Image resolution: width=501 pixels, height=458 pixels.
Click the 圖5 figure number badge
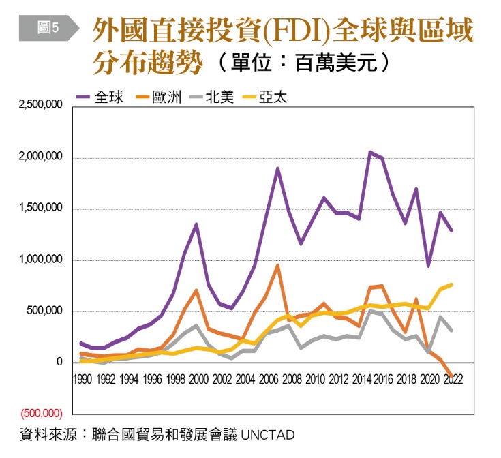coord(49,27)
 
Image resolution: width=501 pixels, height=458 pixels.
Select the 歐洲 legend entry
coord(160,97)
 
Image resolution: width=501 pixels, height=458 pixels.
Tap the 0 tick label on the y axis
coord(60,363)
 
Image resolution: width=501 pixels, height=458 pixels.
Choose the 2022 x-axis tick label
coord(451,380)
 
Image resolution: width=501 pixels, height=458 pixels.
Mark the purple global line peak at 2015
coord(370,152)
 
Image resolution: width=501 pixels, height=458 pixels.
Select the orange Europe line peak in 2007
coord(277,265)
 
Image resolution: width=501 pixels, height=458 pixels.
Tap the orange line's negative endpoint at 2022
coord(451,376)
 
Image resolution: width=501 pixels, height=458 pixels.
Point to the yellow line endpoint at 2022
coord(451,284)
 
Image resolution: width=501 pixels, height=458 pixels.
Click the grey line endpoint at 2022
coord(451,330)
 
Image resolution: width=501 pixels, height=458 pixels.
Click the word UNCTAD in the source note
coord(267,433)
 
